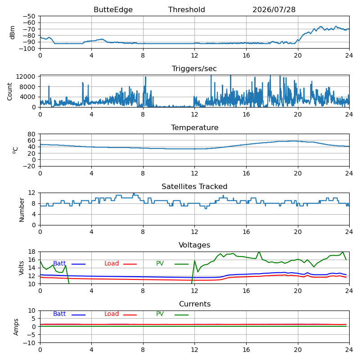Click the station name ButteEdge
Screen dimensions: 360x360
[x=113, y=9]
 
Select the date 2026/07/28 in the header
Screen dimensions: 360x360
[x=274, y=9]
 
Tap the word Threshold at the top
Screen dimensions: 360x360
[x=186, y=9]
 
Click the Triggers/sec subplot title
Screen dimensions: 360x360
[x=194, y=69]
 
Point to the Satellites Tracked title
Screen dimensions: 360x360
[x=194, y=186]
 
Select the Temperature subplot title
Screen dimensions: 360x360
[x=195, y=127]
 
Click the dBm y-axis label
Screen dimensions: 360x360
[x=13, y=32]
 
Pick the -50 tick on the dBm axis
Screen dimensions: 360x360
[x=29, y=16]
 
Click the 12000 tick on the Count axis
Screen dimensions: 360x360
[x=26, y=76]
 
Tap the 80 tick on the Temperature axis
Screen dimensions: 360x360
[x=31, y=134]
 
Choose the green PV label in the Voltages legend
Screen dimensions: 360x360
[x=160, y=263]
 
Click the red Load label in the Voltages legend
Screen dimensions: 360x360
[x=112, y=263]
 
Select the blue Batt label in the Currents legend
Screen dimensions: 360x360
[x=59, y=314]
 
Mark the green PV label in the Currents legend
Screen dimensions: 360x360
[x=160, y=314]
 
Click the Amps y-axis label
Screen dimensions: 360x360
[x=16, y=327]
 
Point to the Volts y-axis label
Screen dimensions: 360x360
[x=21, y=268]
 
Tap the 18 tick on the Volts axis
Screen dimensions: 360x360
[x=31, y=252]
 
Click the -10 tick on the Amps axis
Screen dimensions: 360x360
[x=29, y=343]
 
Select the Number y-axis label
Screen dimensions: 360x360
[x=22, y=210]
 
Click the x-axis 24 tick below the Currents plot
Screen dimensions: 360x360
[x=349, y=350]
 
